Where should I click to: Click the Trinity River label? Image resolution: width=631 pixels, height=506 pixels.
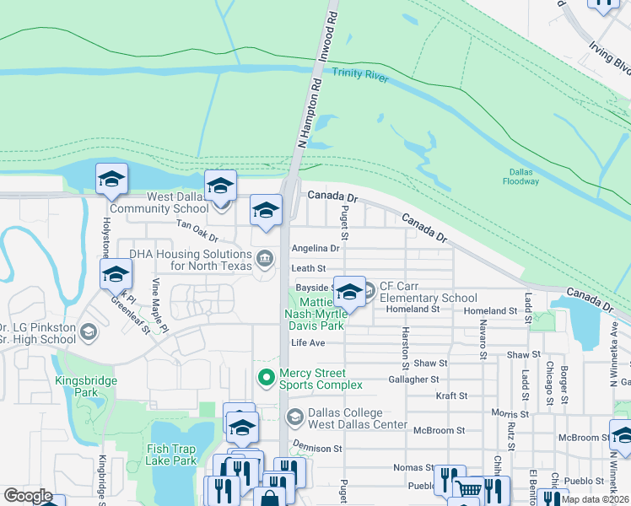(359, 73)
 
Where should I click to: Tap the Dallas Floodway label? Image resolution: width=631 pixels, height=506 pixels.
(520, 175)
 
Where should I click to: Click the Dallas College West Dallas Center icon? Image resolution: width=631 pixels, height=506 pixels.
(294, 416)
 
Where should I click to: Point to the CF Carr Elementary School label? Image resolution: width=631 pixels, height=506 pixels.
(428, 292)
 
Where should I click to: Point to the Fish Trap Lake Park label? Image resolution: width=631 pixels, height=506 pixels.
(170, 455)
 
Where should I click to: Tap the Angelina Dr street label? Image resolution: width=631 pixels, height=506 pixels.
(315, 249)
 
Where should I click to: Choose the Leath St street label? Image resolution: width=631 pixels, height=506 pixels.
(308, 269)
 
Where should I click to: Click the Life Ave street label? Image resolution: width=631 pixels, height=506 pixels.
(308, 343)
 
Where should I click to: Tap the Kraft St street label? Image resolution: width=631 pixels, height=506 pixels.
(451, 396)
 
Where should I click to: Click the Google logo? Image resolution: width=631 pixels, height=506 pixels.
(28, 496)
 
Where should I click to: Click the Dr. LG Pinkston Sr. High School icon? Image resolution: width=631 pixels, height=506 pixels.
(87, 333)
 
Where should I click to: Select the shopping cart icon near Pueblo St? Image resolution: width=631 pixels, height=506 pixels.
(470, 488)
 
